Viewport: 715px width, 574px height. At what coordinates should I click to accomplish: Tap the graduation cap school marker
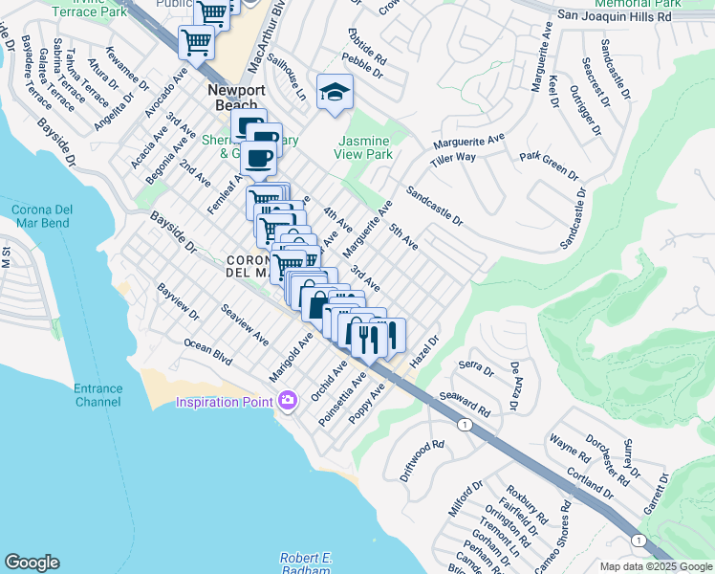pyautogui.click(x=335, y=93)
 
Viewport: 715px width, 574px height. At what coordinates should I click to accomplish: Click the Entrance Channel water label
pyautogui.click(x=98, y=395)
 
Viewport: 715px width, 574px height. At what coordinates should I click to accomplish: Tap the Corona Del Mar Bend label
pyautogui.click(x=40, y=216)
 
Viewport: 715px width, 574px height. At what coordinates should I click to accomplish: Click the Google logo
pyautogui.click(x=32, y=563)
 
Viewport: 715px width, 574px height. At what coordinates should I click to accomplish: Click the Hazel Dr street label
pyautogui.click(x=423, y=353)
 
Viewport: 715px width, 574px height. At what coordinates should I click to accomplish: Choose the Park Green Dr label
pyautogui.click(x=549, y=165)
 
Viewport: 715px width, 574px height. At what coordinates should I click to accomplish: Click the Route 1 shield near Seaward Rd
pyautogui.click(x=465, y=425)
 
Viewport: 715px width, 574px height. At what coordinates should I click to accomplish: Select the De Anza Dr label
pyautogui.click(x=515, y=386)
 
